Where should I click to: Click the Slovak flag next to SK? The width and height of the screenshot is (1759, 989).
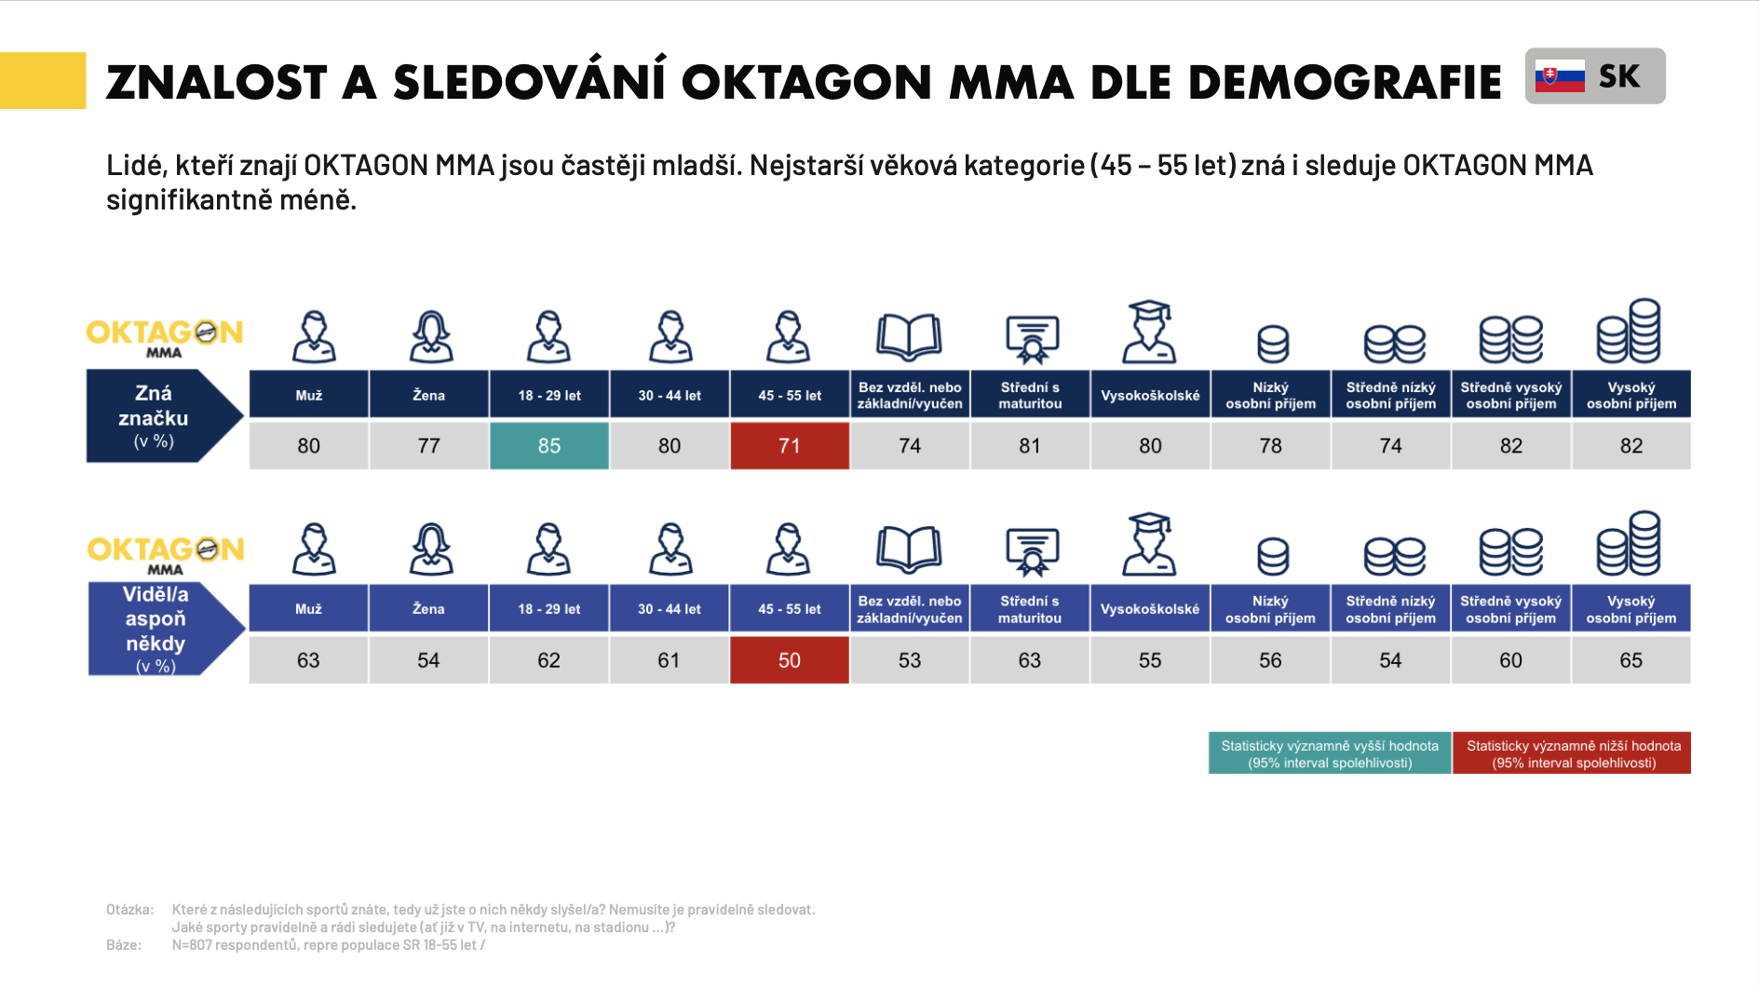pos(1560,76)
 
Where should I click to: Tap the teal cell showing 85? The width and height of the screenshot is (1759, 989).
pos(549,446)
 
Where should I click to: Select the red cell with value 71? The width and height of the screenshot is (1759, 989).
pos(790,446)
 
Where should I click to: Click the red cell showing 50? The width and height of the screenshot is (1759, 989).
pos(790,660)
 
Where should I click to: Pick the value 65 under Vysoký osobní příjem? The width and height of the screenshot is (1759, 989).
pos(1630,660)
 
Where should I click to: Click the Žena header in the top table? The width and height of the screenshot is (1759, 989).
pos(428,395)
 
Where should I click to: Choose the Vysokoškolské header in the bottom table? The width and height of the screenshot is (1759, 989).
pos(1150,609)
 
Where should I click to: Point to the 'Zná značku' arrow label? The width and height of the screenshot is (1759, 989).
pos(155,416)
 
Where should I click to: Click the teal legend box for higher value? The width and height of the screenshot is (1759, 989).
pos(1330,753)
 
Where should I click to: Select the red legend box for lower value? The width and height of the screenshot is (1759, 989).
pos(1573,753)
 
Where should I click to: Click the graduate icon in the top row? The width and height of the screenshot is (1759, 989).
pos(1150,332)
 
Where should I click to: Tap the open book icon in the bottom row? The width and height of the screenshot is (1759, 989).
pos(909,549)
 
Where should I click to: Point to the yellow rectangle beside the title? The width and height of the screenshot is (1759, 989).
pos(43,80)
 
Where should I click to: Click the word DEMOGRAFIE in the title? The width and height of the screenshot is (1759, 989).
pos(1345,83)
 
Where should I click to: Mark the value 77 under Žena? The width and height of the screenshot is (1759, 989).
pos(428,446)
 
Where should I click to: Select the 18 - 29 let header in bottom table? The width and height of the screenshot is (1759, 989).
pos(549,609)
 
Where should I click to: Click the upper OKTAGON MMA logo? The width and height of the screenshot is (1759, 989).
pos(164,336)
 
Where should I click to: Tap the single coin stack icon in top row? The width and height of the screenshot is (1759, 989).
pos(1272,343)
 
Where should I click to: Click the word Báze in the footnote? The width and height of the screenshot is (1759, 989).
pos(123,945)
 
